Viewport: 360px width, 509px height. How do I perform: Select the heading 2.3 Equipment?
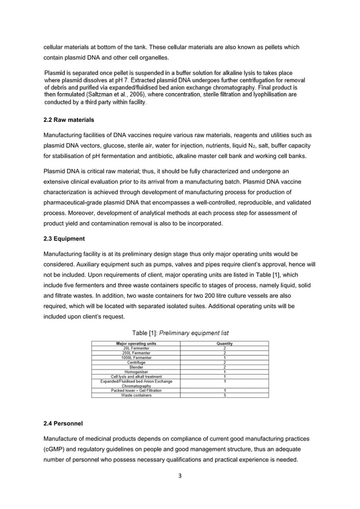[x=64, y=238]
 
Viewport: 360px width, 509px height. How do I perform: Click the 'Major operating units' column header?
[x=136, y=343]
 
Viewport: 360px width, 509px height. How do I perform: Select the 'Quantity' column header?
[x=225, y=343]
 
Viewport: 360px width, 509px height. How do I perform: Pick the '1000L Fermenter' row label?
[x=136, y=357]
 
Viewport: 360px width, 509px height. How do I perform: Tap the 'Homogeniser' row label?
[x=136, y=371]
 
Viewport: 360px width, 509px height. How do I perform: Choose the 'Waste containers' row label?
[x=136, y=394]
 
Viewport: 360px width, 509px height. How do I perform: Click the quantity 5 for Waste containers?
[x=225, y=394]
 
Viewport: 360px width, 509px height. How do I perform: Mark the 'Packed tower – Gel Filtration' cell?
[x=136, y=390]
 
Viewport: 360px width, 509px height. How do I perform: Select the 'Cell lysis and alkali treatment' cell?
[x=136, y=376]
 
